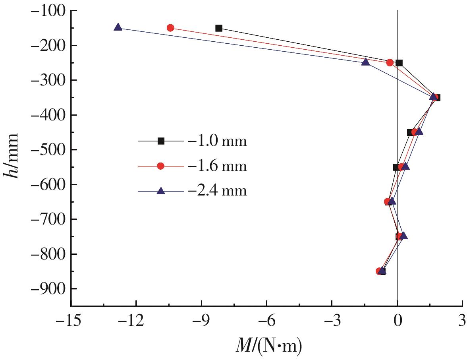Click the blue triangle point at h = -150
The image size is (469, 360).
[x=118, y=27]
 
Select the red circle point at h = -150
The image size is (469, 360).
[x=170, y=28]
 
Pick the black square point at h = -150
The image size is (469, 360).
[x=219, y=28]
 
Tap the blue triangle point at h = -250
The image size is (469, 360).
[x=366, y=62]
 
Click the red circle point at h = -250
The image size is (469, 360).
[x=390, y=63]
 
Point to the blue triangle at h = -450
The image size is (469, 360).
[x=419, y=132]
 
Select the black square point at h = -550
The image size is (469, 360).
[x=396, y=167]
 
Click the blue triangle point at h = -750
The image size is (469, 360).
[x=404, y=236]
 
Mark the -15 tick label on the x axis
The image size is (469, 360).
[x=71, y=319]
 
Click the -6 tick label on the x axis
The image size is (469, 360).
[x=266, y=319]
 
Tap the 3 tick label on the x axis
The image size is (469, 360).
[x=462, y=319]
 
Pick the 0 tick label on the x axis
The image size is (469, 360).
[x=397, y=319]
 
